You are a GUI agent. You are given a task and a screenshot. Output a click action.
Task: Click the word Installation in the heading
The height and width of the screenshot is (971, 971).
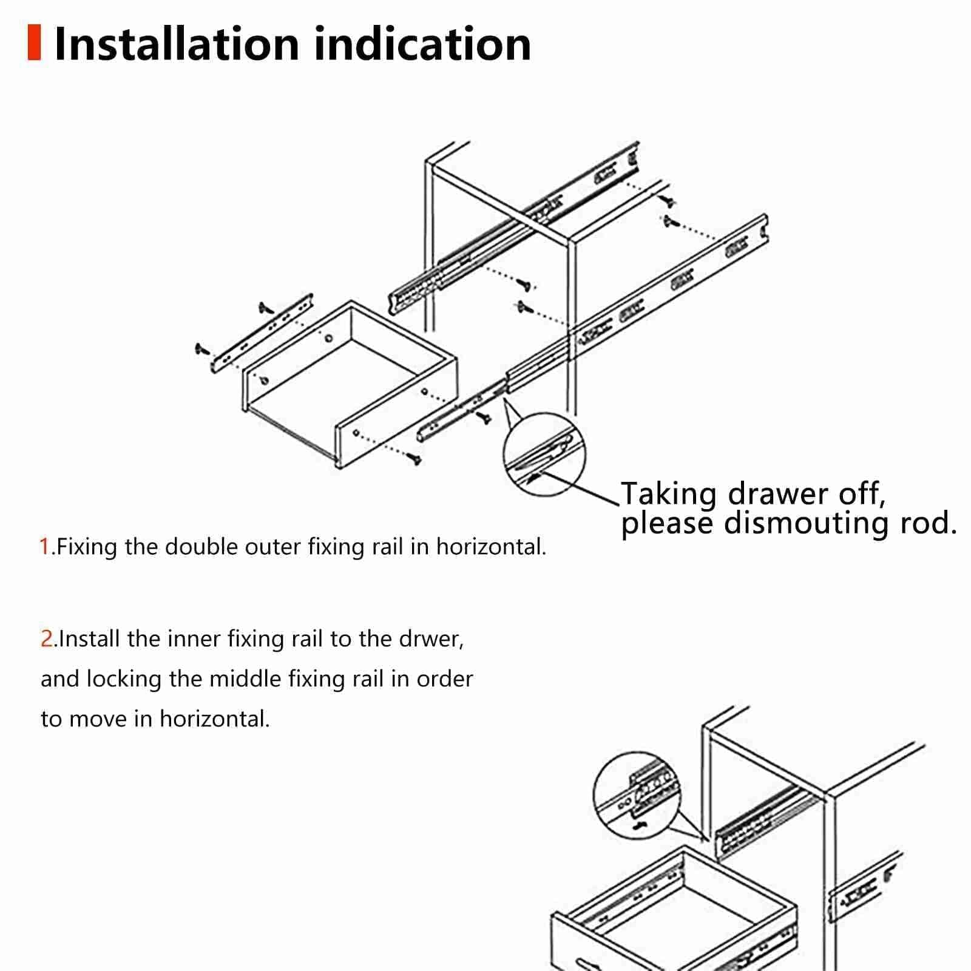pos(177,44)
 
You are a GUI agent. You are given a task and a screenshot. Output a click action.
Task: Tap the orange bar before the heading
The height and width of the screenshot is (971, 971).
pos(34,42)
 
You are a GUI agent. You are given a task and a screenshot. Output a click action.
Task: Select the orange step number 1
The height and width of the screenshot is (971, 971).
pos(45,547)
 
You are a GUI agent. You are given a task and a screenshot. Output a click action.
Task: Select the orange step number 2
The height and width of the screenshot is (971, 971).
pos(47,639)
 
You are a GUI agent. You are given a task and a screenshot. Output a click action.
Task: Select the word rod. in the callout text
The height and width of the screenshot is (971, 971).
pos(928,523)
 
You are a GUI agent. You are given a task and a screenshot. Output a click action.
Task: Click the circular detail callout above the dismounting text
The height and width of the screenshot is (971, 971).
pos(544,455)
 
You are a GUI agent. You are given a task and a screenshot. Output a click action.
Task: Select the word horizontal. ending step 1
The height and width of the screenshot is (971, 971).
pos(492,547)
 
